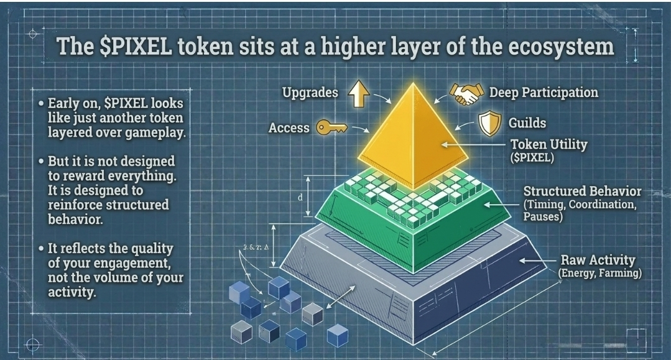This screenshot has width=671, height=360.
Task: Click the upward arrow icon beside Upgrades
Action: pyautogui.click(x=359, y=94)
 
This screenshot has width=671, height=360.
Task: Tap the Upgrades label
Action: pyautogui.click(x=310, y=93)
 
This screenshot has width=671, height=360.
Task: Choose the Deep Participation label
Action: pyautogui.click(x=544, y=93)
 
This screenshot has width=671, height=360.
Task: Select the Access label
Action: pyautogui.click(x=289, y=128)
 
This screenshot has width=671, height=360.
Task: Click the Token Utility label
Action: pyautogui.click(x=549, y=145)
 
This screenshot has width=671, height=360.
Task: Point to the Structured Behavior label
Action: pyautogui.click(x=582, y=191)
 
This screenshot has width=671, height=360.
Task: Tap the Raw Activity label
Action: pyautogui.click(x=597, y=260)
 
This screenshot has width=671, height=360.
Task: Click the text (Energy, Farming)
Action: pyautogui.click(x=599, y=274)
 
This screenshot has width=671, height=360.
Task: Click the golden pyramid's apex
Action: pyautogui.click(x=412, y=83)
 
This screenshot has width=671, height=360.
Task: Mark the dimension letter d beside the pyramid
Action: pyautogui.click(x=300, y=198)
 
